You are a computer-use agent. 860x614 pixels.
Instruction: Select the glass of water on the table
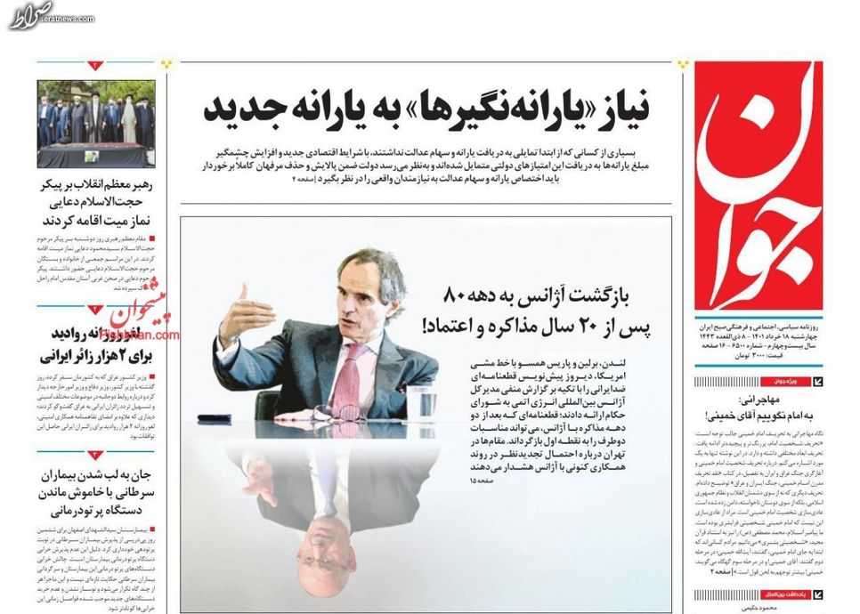click(x=419, y=400)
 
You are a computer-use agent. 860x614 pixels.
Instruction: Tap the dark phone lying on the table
click(x=214, y=418)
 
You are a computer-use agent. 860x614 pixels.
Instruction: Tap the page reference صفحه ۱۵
click(x=479, y=481)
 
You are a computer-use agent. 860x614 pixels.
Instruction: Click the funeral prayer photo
click(x=95, y=125)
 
